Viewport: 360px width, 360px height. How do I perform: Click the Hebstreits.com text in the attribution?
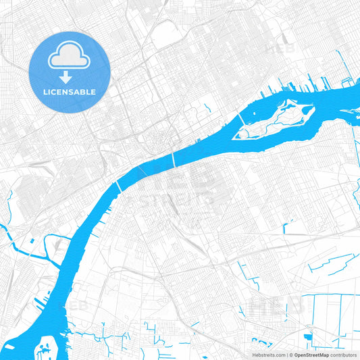coord(268,355)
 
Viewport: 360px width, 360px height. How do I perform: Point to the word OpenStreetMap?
coord(311,355)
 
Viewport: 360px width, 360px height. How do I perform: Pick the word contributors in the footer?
coord(343,355)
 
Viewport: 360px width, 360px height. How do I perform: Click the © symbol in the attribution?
coord(291,355)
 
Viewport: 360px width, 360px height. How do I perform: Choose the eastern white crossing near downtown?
coord(174,159)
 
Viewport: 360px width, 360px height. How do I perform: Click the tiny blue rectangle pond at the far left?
coord(32,240)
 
